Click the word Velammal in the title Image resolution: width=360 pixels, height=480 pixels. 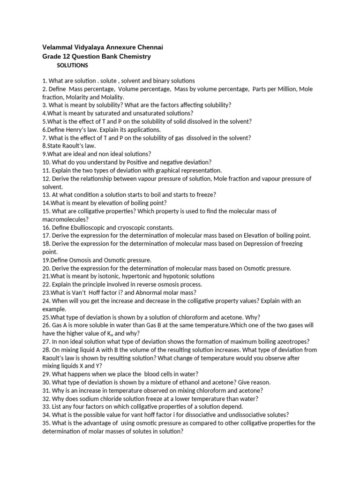[x=57, y=47]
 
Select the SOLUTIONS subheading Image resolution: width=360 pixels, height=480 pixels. [x=72, y=65]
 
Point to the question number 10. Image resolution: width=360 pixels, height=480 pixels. [x=45, y=162]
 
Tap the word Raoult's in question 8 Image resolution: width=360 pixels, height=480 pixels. [x=72, y=146]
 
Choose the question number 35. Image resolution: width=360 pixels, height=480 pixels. [x=46, y=423]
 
